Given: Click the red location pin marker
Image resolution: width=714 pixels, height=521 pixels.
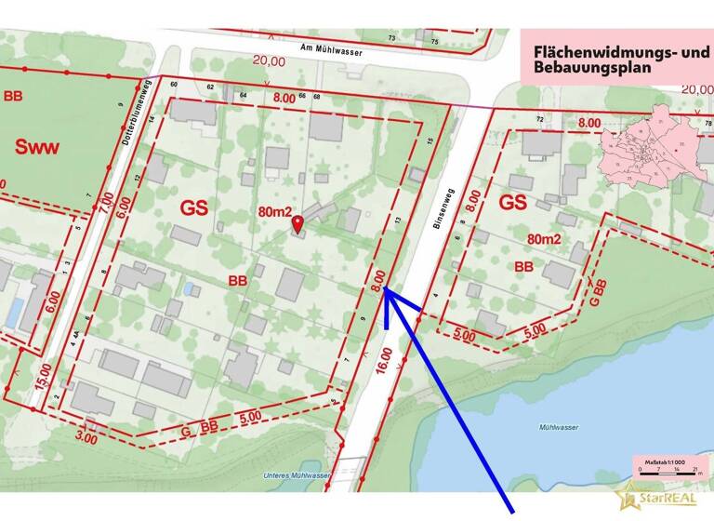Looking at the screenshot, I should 297,223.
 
